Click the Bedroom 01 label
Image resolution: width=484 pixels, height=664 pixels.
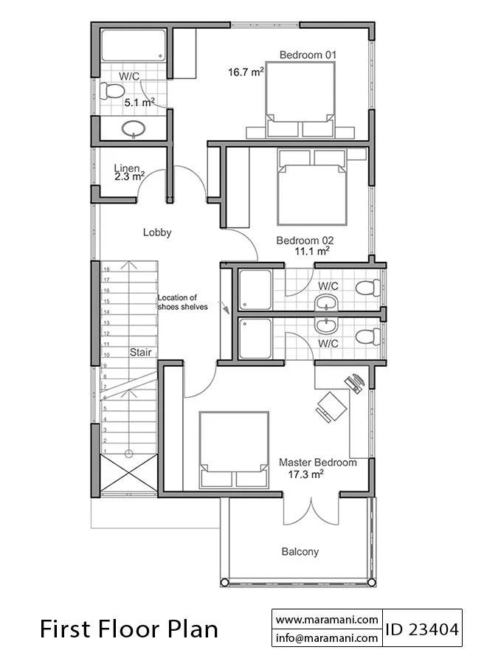point(308,55)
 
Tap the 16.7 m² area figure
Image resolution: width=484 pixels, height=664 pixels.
point(246,72)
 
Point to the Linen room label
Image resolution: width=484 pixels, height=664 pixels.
point(127,168)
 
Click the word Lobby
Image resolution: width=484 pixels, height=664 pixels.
point(157,232)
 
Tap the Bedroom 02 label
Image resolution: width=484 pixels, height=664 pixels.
point(305,241)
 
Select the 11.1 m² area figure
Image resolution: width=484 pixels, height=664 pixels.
point(312,251)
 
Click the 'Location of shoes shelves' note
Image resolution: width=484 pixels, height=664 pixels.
point(182,302)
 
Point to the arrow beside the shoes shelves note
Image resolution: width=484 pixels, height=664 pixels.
point(224,308)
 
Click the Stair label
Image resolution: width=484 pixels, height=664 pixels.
point(141,353)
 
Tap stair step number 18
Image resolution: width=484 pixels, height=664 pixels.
point(107,269)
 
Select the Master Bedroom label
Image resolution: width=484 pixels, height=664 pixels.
point(317,463)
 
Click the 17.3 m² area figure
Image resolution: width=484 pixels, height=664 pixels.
point(305,474)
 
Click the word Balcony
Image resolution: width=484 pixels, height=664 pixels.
point(300,552)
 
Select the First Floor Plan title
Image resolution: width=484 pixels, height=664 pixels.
point(129,629)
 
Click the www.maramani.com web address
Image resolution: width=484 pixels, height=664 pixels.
point(327,620)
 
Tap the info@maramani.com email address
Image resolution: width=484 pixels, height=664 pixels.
point(327,637)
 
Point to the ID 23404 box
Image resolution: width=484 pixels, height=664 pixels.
point(422,629)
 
